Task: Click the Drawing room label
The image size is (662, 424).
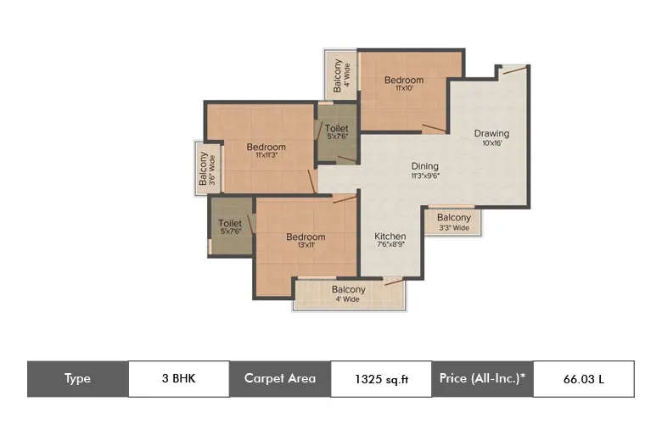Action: (491, 133)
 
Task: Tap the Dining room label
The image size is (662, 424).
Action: (425, 166)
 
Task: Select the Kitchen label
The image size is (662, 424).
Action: (390, 236)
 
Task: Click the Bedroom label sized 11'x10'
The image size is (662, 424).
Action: (403, 81)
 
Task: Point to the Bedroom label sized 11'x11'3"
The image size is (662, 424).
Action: (266, 147)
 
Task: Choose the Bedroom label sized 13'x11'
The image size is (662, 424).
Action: (305, 237)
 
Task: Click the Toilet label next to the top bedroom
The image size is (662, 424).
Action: (336, 129)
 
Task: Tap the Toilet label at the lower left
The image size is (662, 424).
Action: (230, 224)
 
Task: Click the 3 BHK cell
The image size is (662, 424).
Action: (178, 379)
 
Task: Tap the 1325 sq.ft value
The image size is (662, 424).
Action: (381, 379)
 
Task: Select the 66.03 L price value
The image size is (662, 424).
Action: (583, 379)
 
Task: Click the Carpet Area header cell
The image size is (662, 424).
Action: (280, 379)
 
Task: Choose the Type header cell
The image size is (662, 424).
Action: (77, 379)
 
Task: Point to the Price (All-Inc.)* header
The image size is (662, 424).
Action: (482, 379)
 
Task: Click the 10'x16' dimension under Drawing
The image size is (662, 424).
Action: (491, 143)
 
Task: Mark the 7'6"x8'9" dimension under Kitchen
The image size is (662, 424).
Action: (390, 246)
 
